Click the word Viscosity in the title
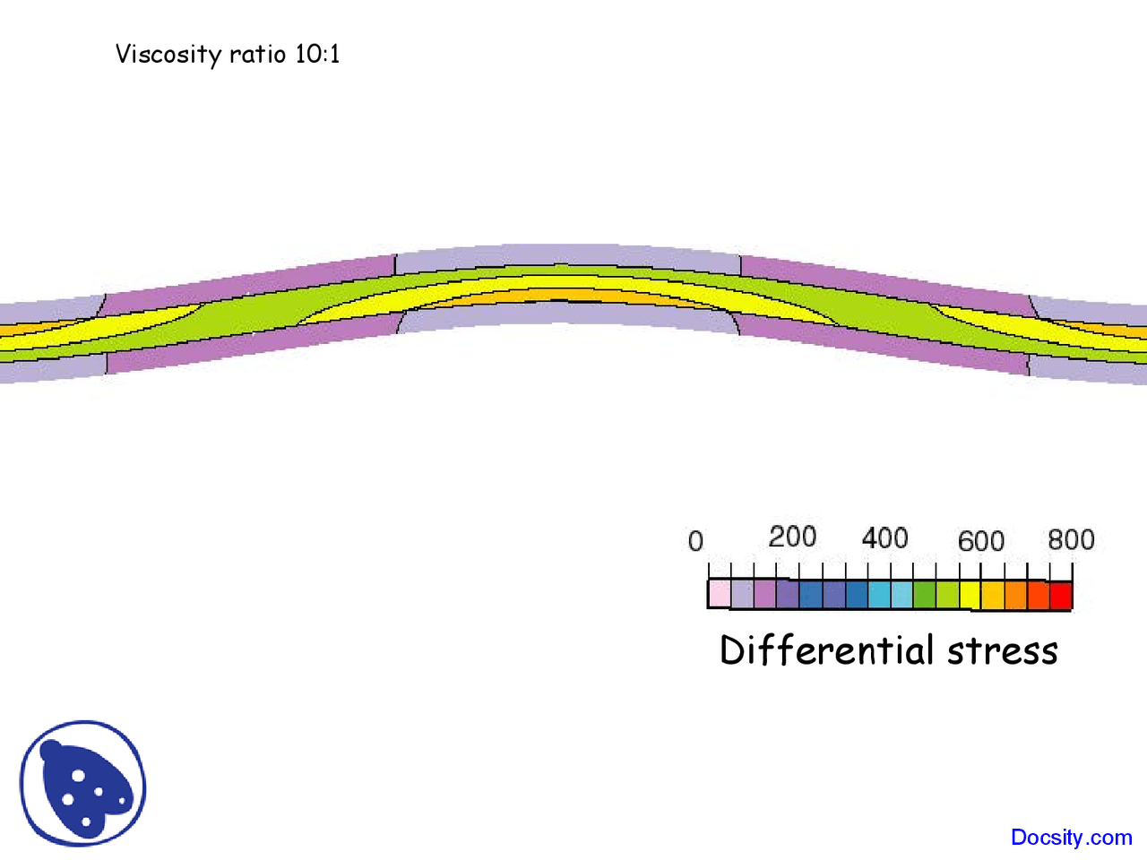(x=168, y=55)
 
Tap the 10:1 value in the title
(x=317, y=55)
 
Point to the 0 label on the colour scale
(x=695, y=541)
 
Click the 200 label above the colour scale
(x=792, y=537)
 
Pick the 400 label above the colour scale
(x=884, y=538)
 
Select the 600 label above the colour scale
(x=980, y=541)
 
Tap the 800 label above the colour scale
(x=1071, y=539)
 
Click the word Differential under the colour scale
(x=826, y=650)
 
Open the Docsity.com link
(x=1071, y=838)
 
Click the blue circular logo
(x=82, y=784)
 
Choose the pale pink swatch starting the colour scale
(x=720, y=594)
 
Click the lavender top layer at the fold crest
(x=565, y=255)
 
